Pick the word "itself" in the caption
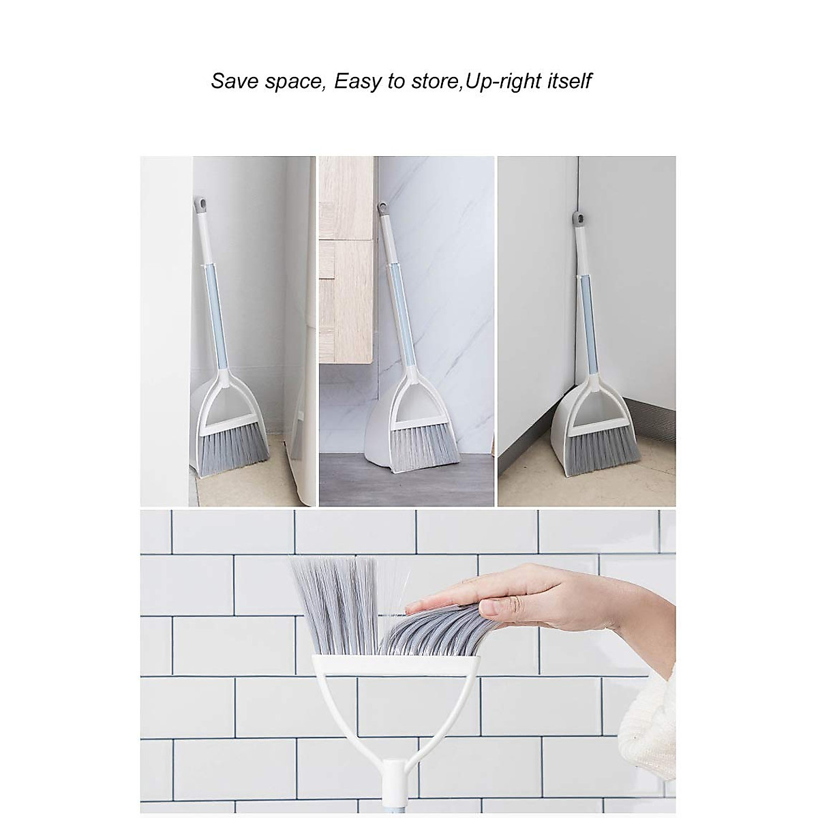coord(569,81)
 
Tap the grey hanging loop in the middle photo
coord(382,207)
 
